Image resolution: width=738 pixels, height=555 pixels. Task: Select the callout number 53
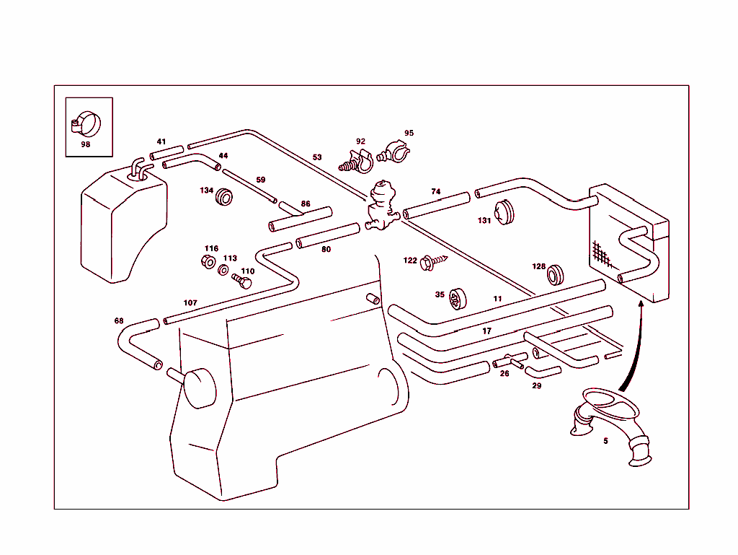pos(317,157)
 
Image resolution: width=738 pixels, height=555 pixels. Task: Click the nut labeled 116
pos(208,261)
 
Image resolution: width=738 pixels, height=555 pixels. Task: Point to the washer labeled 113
pos(224,270)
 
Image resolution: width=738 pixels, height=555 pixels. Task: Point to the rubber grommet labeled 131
pos(508,212)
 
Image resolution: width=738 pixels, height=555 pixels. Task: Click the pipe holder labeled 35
pos(457,297)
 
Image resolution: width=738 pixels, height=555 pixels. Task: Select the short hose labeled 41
pos(166,153)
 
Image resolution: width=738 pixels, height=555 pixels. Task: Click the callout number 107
pos(190,303)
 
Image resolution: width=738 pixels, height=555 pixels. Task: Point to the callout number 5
pos(605,441)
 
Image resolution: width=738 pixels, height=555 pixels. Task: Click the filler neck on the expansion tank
pos(138,169)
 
